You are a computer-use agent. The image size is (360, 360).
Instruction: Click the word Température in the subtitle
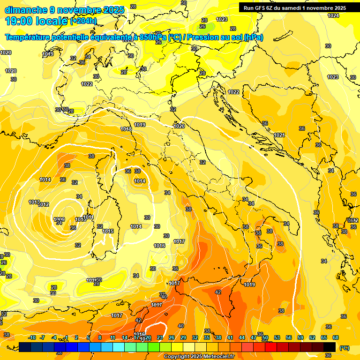click(x=29, y=37)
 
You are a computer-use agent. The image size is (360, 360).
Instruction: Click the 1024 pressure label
click(x=333, y=15)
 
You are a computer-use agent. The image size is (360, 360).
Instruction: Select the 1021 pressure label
click(x=279, y=135)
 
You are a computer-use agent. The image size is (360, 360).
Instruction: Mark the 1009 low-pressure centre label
click(x=59, y=219)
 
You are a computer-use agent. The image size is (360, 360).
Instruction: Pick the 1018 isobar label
click(x=126, y=129)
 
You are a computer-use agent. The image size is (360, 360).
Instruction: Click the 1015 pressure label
click(x=108, y=231)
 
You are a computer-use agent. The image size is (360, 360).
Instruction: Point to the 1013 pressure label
click(x=34, y=202)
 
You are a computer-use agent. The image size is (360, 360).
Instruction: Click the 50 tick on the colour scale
click(x=265, y=337)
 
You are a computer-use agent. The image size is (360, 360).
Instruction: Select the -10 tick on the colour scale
click(x=32, y=337)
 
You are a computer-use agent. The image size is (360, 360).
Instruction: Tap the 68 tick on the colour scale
click(x=336, y=337)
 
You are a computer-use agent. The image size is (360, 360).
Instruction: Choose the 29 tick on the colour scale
click(x=183, y=337)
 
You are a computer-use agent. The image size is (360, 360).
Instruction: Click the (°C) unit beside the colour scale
click(x=344, y=348)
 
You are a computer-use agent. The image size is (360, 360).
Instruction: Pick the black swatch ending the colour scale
click(x=330, y=347)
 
